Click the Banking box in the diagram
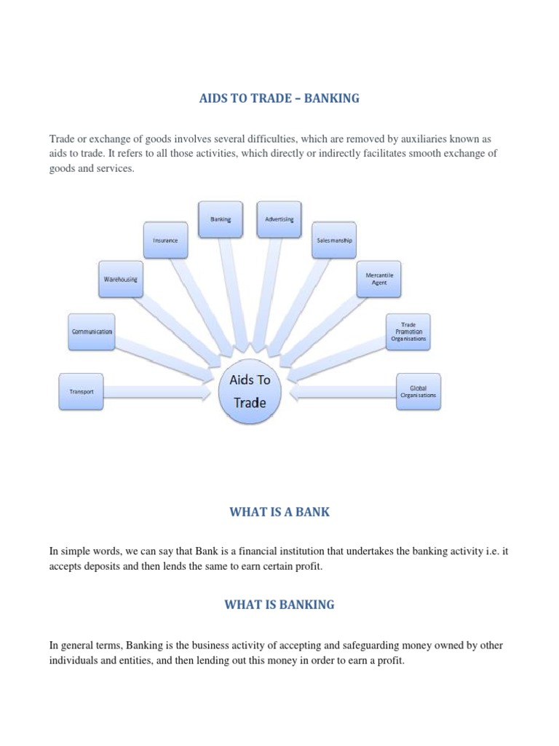[221, 219]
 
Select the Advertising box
[279, 219]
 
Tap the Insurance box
[165, 239]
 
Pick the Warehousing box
[121, 280]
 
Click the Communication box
[91, 331]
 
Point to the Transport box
[82, 391]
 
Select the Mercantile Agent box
[379, 279]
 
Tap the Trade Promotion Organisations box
[408, 331]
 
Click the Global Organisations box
[418, 391]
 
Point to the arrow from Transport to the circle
[156, 392]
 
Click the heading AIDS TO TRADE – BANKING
[279, 98]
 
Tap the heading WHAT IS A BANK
[279, 512]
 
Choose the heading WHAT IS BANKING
[279, 605]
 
